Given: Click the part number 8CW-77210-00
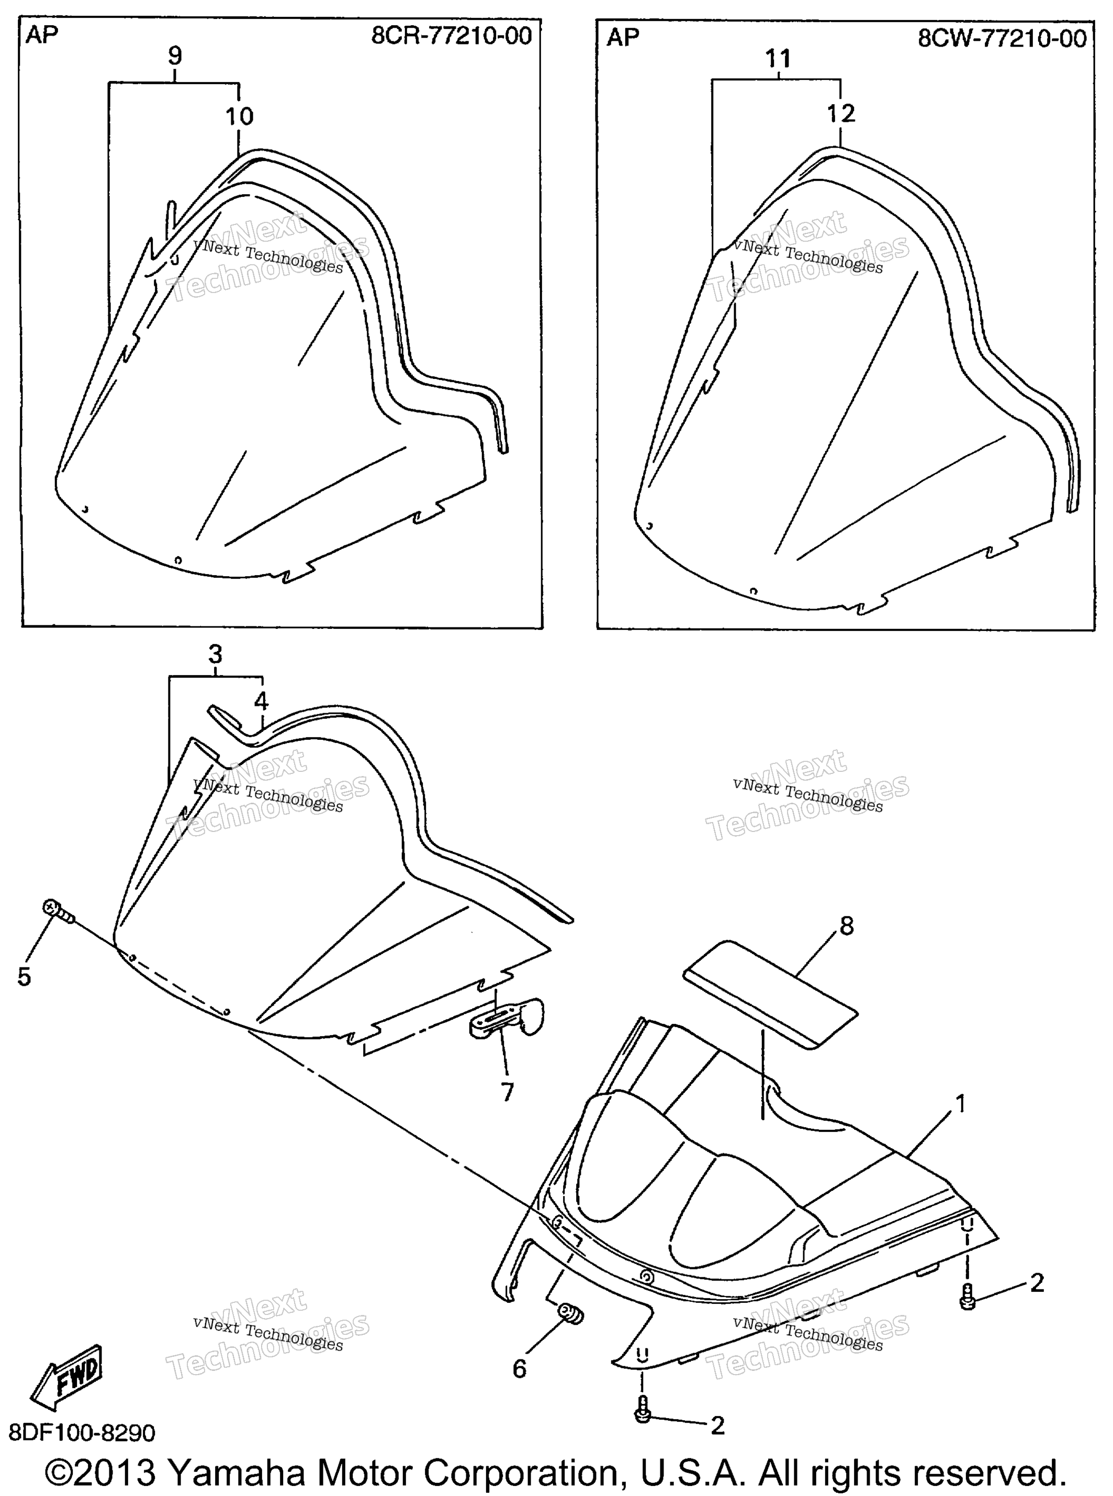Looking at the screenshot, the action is pos(1002,37).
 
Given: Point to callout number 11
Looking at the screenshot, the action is pos(778,59).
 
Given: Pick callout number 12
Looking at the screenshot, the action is pos(841,113).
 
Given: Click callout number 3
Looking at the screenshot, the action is pos(215,654).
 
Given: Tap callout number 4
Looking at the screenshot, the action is pos(262,701).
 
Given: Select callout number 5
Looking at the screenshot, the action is pos(24,976).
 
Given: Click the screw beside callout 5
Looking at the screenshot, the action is pos(59,912).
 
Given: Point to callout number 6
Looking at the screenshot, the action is pos(520,1368).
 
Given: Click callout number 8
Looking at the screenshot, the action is pos(847,926).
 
